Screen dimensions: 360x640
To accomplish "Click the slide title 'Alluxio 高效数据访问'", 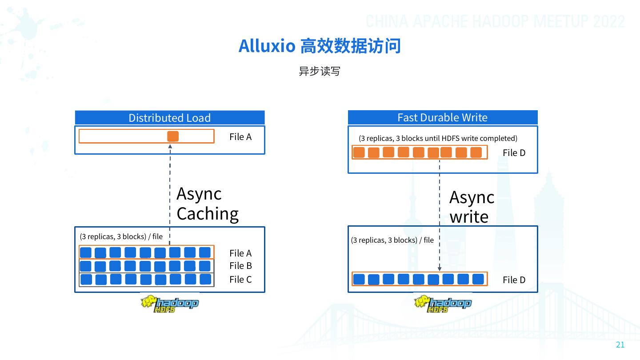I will coord(320,46).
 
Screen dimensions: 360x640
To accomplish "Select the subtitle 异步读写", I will coord(319,71).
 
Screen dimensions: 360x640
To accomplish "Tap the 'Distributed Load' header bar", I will coord(169,118).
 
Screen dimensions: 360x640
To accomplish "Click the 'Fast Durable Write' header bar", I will coord(442,117).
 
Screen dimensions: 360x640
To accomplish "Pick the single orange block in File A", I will coord(173,136).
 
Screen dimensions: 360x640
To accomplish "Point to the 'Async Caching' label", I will coord(207,204).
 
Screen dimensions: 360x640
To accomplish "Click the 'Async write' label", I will coord(471,207).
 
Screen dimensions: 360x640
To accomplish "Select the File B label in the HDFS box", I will coord(240,266).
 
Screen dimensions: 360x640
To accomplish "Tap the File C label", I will coord(240,279).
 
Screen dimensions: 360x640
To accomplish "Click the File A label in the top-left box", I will coord(240,137).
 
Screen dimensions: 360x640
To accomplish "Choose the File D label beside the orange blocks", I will coord(514,153).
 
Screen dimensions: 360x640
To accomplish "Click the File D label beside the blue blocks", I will coord(514,280).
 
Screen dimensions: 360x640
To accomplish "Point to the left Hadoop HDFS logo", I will coord(169,304).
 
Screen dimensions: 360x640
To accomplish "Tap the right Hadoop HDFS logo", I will coord(443,304).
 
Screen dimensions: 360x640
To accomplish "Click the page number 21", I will coord(620,345).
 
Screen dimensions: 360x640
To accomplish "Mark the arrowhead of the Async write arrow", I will coord(440,268).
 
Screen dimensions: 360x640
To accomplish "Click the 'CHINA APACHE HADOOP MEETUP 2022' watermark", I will coord(495,21).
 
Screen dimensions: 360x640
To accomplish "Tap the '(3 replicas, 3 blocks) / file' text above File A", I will coord(121,236).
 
